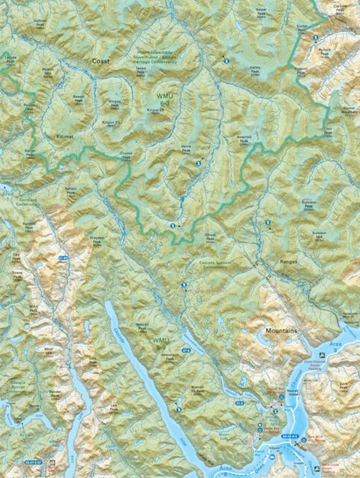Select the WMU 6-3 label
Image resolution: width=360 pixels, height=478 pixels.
[x=164, y=101]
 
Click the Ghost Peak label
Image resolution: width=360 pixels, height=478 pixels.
[x=211, y=236]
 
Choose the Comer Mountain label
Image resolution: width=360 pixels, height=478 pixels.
[x=348, y=110]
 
